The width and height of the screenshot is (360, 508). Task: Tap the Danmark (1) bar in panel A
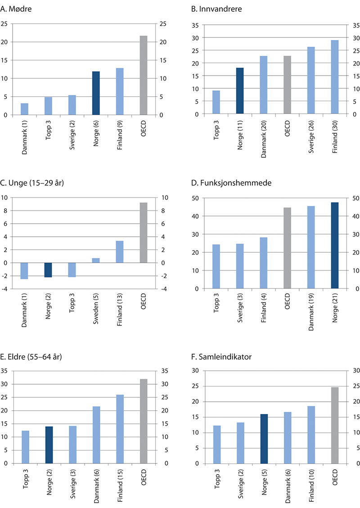25,109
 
